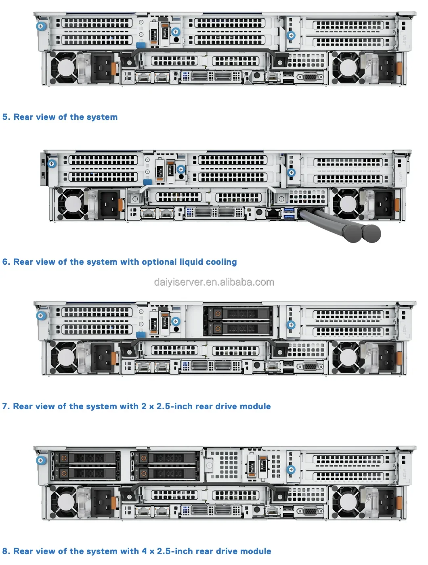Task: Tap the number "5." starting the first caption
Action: pyautogui.click(x=6, y=117)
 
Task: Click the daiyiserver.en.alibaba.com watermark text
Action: pyautogui.click(x=214, y=282)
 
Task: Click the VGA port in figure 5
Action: pyautogui.click(x=310, y=76)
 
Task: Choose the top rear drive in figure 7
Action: pyautogui.click(x=238, y=313)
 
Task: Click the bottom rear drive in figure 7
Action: pyautogui.click(x=238, y=329)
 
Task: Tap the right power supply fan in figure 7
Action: pyautogui.click(x=346, y=357)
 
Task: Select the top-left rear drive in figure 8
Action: pyautogui.click(x=85, y=458)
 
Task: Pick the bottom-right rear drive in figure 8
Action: pyautogui.click(x=166, y=473)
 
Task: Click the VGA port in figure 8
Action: pyautogui.click(x=310, y=511)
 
